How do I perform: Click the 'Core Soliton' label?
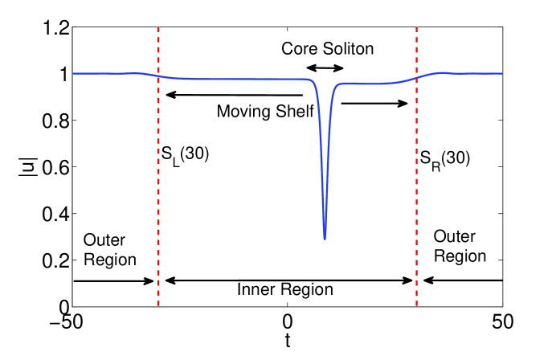pyautogui.click(x=327, y=49)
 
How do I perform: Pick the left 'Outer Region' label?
pyautogui.click(x=109, y=249)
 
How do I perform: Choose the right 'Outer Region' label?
pyautogui.click(x=460, y=246)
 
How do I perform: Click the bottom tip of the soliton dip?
pyautogui.click(x=325, y=239)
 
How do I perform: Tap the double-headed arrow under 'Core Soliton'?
pyautogui.click(x=326, y=67)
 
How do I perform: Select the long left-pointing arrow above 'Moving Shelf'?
pyautogui.click(x=234, y=95)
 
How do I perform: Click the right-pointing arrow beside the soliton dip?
pyautogui.click(x=375, y=103)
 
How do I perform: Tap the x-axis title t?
pyautogui.click(x=288, y=342)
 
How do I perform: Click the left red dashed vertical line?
pyautogui.click(x=158, y=201)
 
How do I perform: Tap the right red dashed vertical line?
pyautogui.click(x=417, y=201)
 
